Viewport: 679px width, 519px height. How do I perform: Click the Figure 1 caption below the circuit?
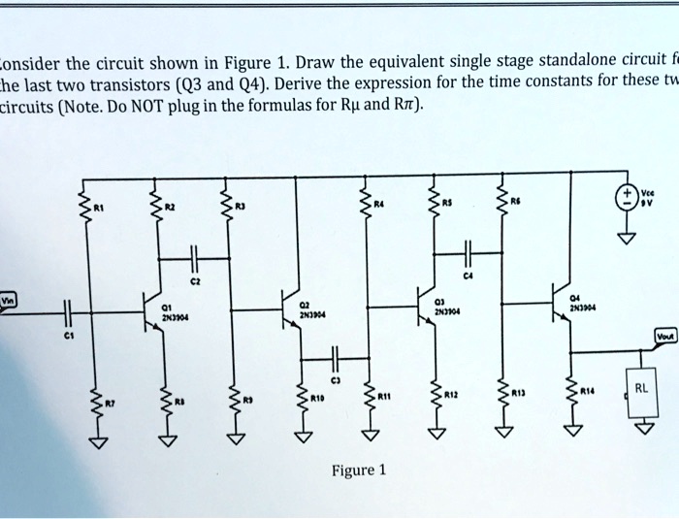point(359,470)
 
